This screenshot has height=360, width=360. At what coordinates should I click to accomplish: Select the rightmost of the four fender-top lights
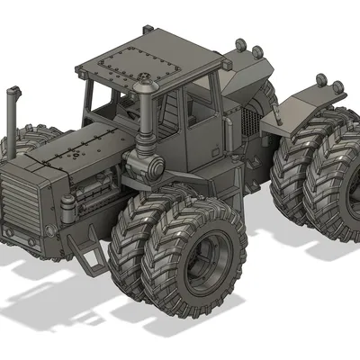(x=339, y=87)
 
